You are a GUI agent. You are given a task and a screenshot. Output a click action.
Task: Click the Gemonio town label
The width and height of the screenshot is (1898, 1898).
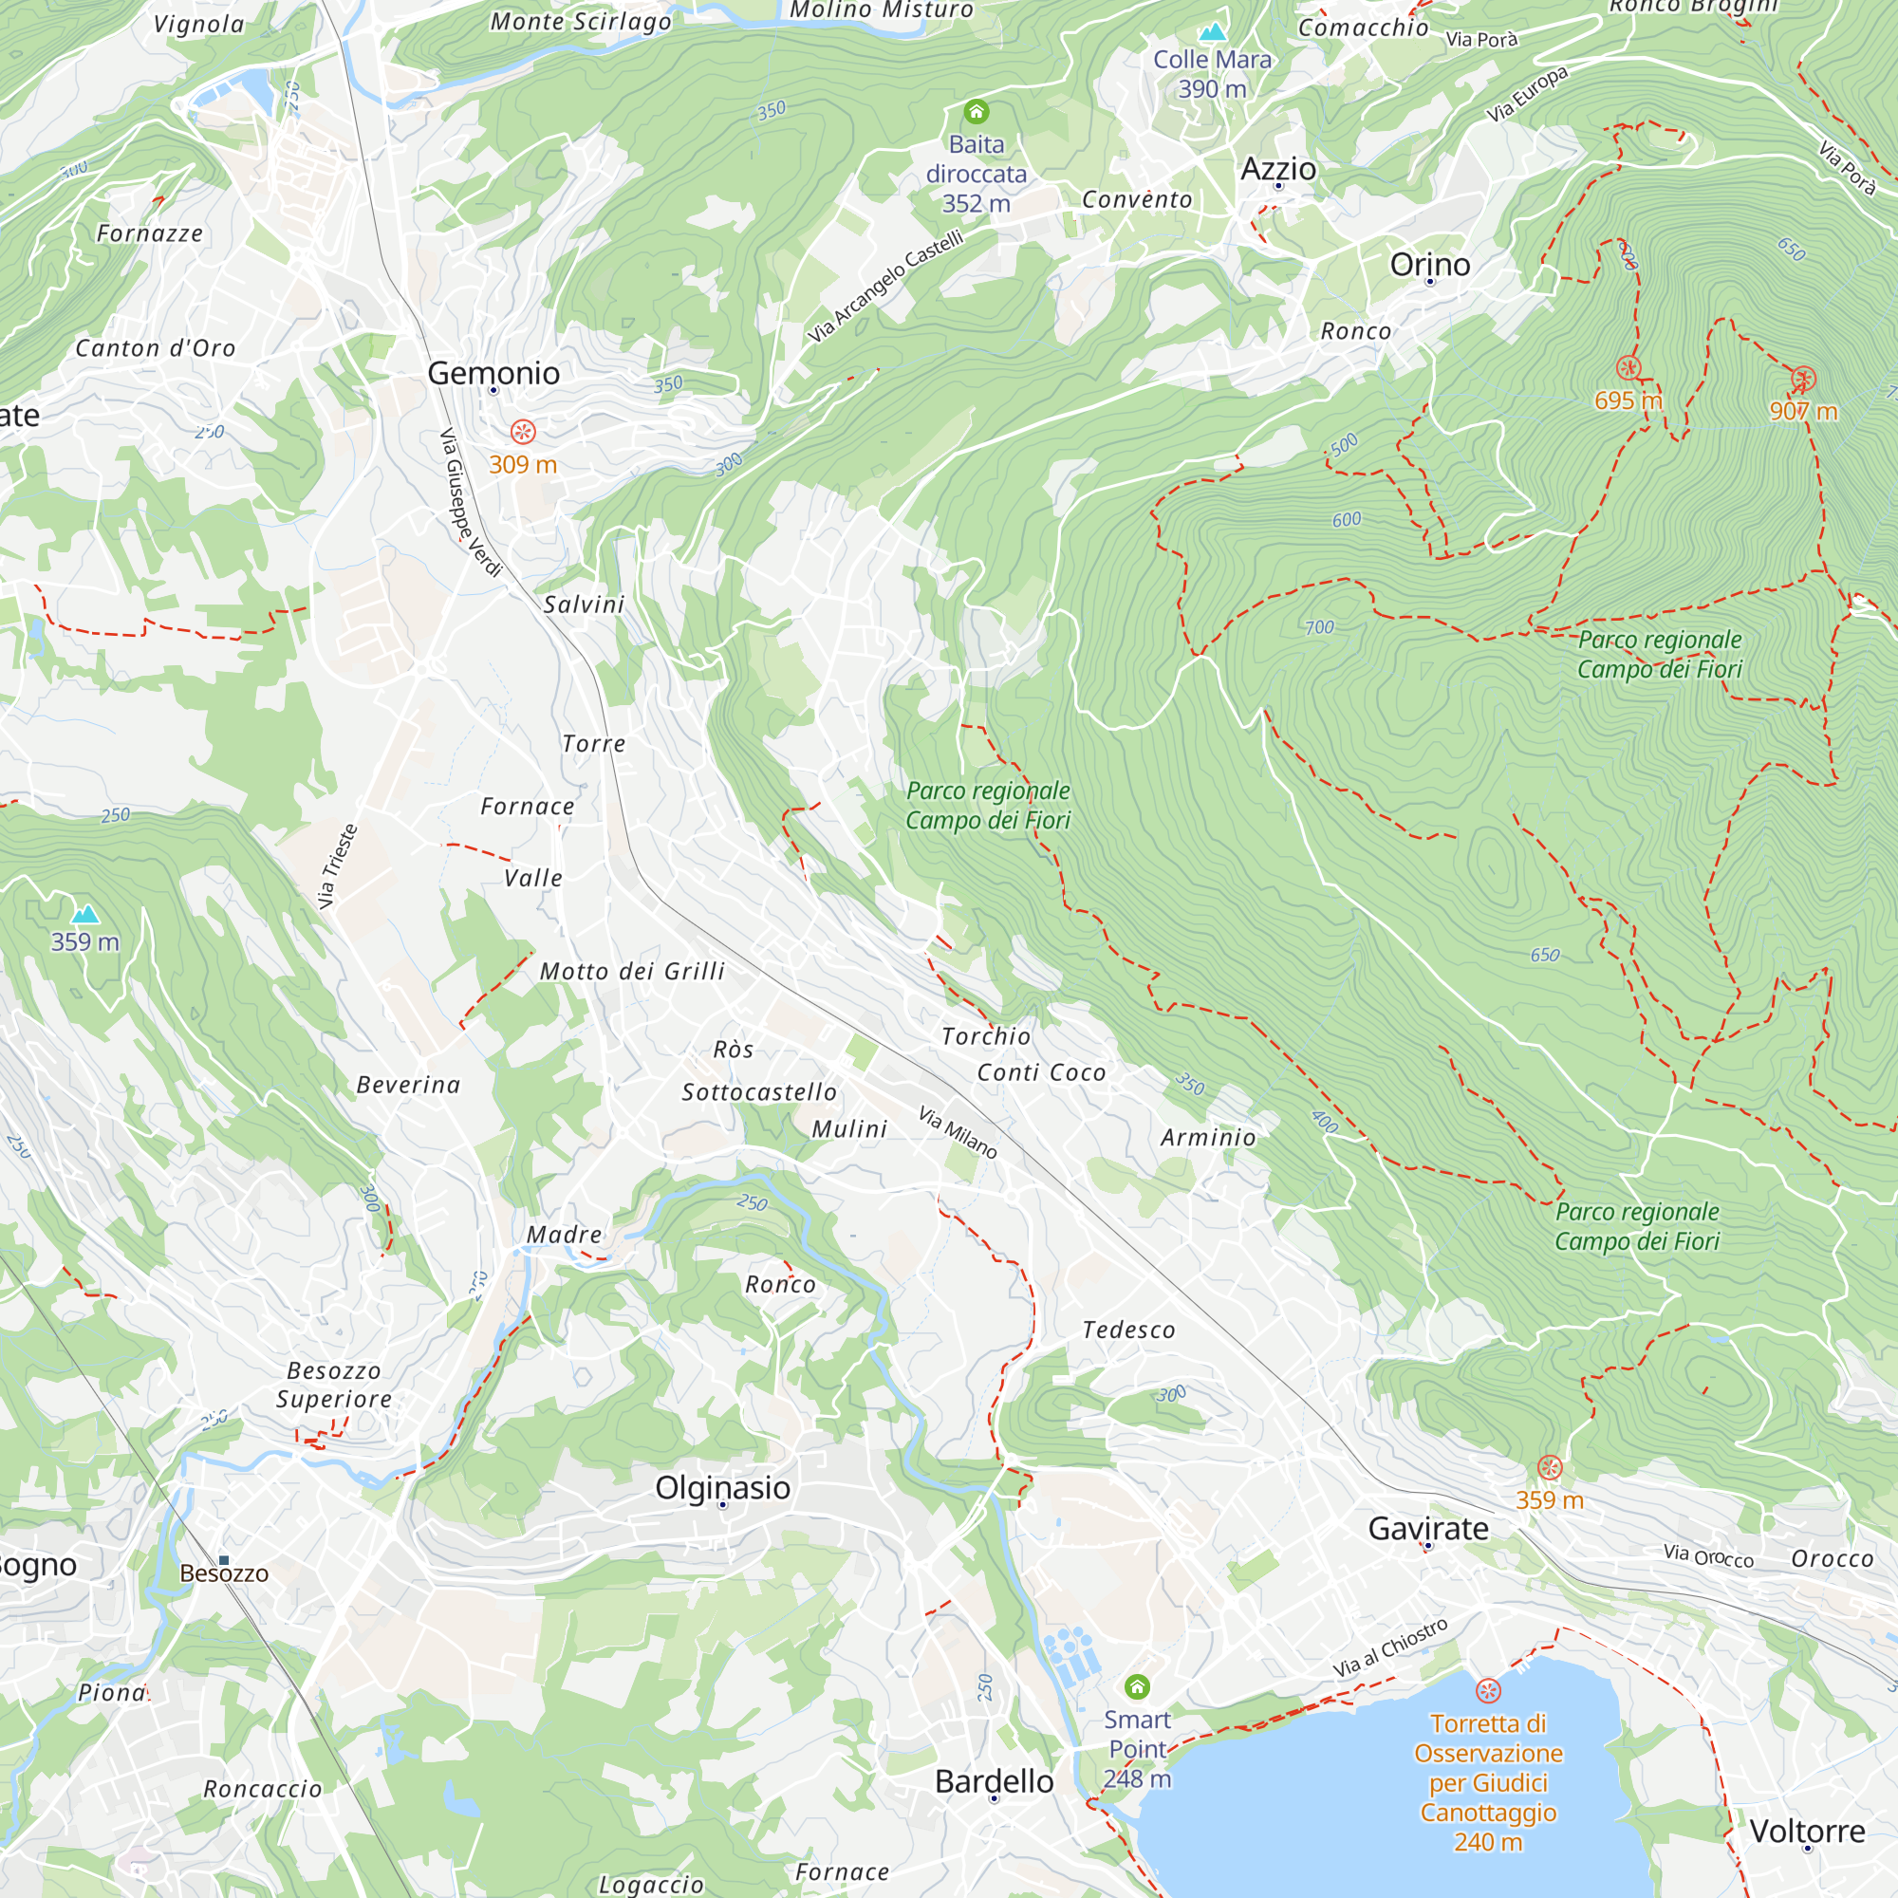(493, 373)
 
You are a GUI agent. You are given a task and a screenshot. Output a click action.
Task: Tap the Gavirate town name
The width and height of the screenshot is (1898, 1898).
(1427, 1529)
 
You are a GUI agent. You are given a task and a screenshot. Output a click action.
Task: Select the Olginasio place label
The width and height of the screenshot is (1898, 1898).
(722, 1487)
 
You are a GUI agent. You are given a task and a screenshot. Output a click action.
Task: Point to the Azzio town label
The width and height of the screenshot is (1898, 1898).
(1277, 169)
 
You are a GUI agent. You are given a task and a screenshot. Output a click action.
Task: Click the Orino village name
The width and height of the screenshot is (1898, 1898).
(1429, 264)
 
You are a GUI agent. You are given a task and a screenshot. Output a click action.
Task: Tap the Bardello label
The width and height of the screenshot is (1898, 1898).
(994, 1781)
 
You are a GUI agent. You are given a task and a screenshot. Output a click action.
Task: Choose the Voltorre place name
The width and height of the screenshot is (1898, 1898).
(1807, 1832)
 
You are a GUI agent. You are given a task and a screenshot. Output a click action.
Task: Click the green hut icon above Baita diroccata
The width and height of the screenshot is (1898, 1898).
(976, 111)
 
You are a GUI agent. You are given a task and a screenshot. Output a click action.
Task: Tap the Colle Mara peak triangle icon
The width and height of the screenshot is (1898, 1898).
(1212, 32)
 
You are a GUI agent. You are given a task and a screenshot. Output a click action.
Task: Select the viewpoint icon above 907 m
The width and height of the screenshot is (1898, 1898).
(1803, 380)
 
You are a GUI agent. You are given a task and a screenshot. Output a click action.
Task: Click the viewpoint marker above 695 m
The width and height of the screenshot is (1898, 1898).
(1628, 368)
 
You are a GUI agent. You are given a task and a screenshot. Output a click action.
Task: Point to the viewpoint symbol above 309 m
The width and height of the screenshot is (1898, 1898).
(523, 431)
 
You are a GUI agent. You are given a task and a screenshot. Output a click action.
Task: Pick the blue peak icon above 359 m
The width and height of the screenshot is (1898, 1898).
(85, 915)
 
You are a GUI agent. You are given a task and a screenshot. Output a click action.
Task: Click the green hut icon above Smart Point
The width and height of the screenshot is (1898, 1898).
(1137, 1686)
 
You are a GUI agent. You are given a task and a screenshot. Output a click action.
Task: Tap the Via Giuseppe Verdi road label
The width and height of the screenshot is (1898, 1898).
(470, 502)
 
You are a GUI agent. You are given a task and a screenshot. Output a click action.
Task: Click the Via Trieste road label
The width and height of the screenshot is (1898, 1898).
(337, 865)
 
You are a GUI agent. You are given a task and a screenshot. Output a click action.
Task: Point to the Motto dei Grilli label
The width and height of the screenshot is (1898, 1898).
(632, 972)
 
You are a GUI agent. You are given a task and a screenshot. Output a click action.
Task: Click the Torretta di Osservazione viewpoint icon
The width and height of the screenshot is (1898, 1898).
(1487, 1691)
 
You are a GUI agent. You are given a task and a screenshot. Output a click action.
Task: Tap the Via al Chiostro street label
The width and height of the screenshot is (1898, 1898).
(1389, 1647)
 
